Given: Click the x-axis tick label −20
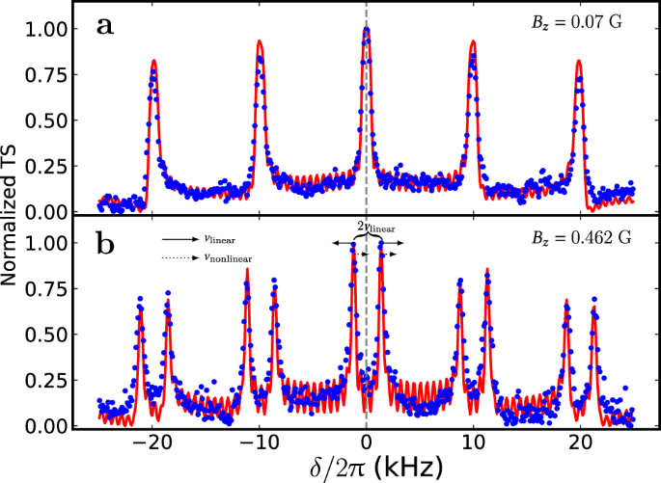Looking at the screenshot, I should click(x=150, y=443).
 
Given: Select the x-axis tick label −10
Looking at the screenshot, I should click(x=257, y=443).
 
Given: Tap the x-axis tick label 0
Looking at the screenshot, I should click(x=367, y=443).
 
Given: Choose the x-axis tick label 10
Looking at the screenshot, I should click(x=473, y=443).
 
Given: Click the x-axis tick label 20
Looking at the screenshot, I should click(x=580, y=443).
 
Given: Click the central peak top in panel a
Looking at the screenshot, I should click(x=367, y=29).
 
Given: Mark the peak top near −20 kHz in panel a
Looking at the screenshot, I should click(x=153, y=61).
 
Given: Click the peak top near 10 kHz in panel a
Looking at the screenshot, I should click(x=473, y=41).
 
